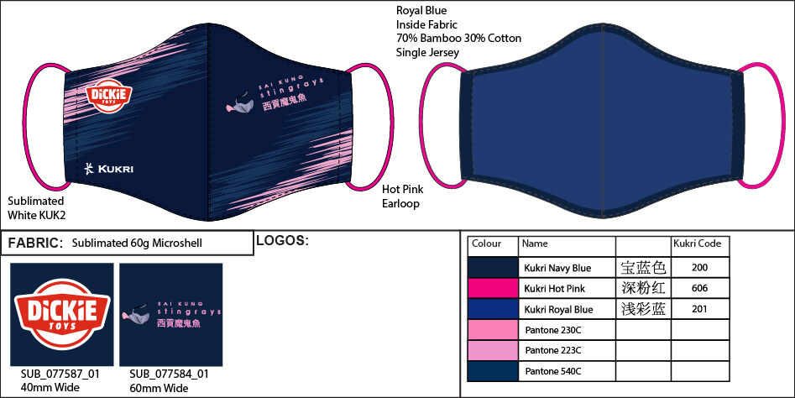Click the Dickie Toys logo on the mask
109,96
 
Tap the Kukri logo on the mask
109,169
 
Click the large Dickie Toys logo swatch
62,314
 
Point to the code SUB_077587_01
60,374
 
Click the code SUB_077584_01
169,374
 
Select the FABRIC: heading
35,243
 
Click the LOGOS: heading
282,240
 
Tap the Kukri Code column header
697,244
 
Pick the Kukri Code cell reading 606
699,288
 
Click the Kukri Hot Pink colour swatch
493,288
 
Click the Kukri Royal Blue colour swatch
493,309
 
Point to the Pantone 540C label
553,371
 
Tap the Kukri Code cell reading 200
699,267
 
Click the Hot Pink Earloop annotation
403,196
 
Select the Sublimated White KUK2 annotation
36,208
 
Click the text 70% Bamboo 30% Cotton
459,38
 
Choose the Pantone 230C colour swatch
493,329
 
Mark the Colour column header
486,244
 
